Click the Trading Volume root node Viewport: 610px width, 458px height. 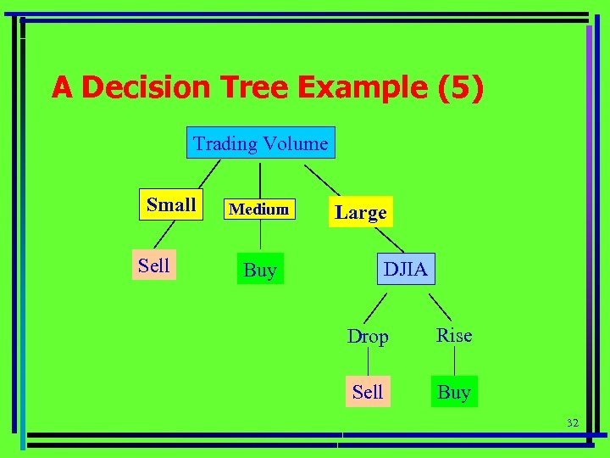click(x=260, y=143)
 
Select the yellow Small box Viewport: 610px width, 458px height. click(x=171, y=205)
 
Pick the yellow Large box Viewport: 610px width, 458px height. click(x=360, y=212)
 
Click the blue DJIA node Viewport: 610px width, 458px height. click(x=406, y=270)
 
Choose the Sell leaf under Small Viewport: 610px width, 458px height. click(x=154, y=265)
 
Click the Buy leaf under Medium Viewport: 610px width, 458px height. click(x=260, y=270)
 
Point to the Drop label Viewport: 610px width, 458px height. click(x=368, y=337)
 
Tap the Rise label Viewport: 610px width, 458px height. click(x=454, y=336)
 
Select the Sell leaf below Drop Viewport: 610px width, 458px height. click(x=368, y=392)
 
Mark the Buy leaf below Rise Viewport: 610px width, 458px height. click(x=454, y=392)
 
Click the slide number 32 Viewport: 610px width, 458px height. click(x=572, y=422)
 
